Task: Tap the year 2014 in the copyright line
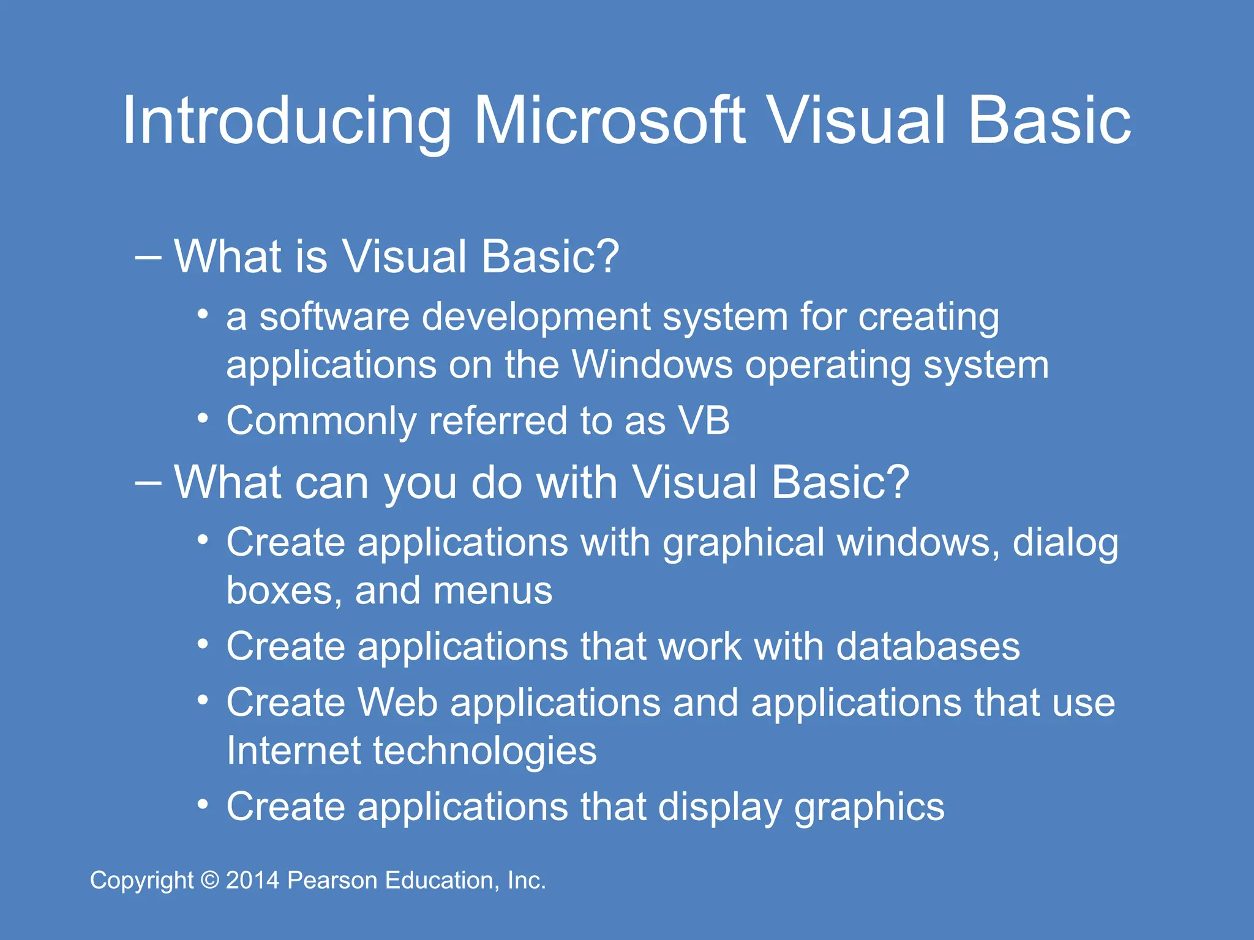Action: click(x=253, y=881)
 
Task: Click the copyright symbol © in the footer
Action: click(x=210, y=881)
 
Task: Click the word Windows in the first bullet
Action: click(x=652, y=365)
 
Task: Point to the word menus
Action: click(x=493, y=591)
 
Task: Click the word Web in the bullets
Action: click(x=398, y=703)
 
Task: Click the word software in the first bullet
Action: click(x=334, y=317)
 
